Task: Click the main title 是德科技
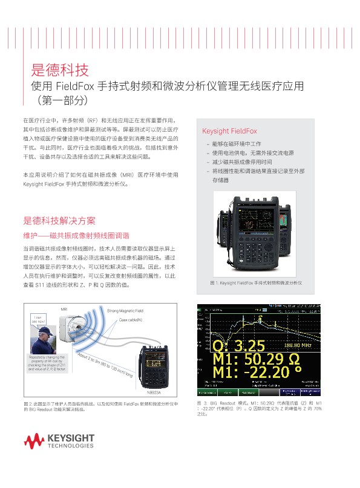(60, 68)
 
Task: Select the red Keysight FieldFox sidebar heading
(229, 131)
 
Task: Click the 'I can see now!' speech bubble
(38, 320)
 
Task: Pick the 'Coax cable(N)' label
(130, 319)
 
